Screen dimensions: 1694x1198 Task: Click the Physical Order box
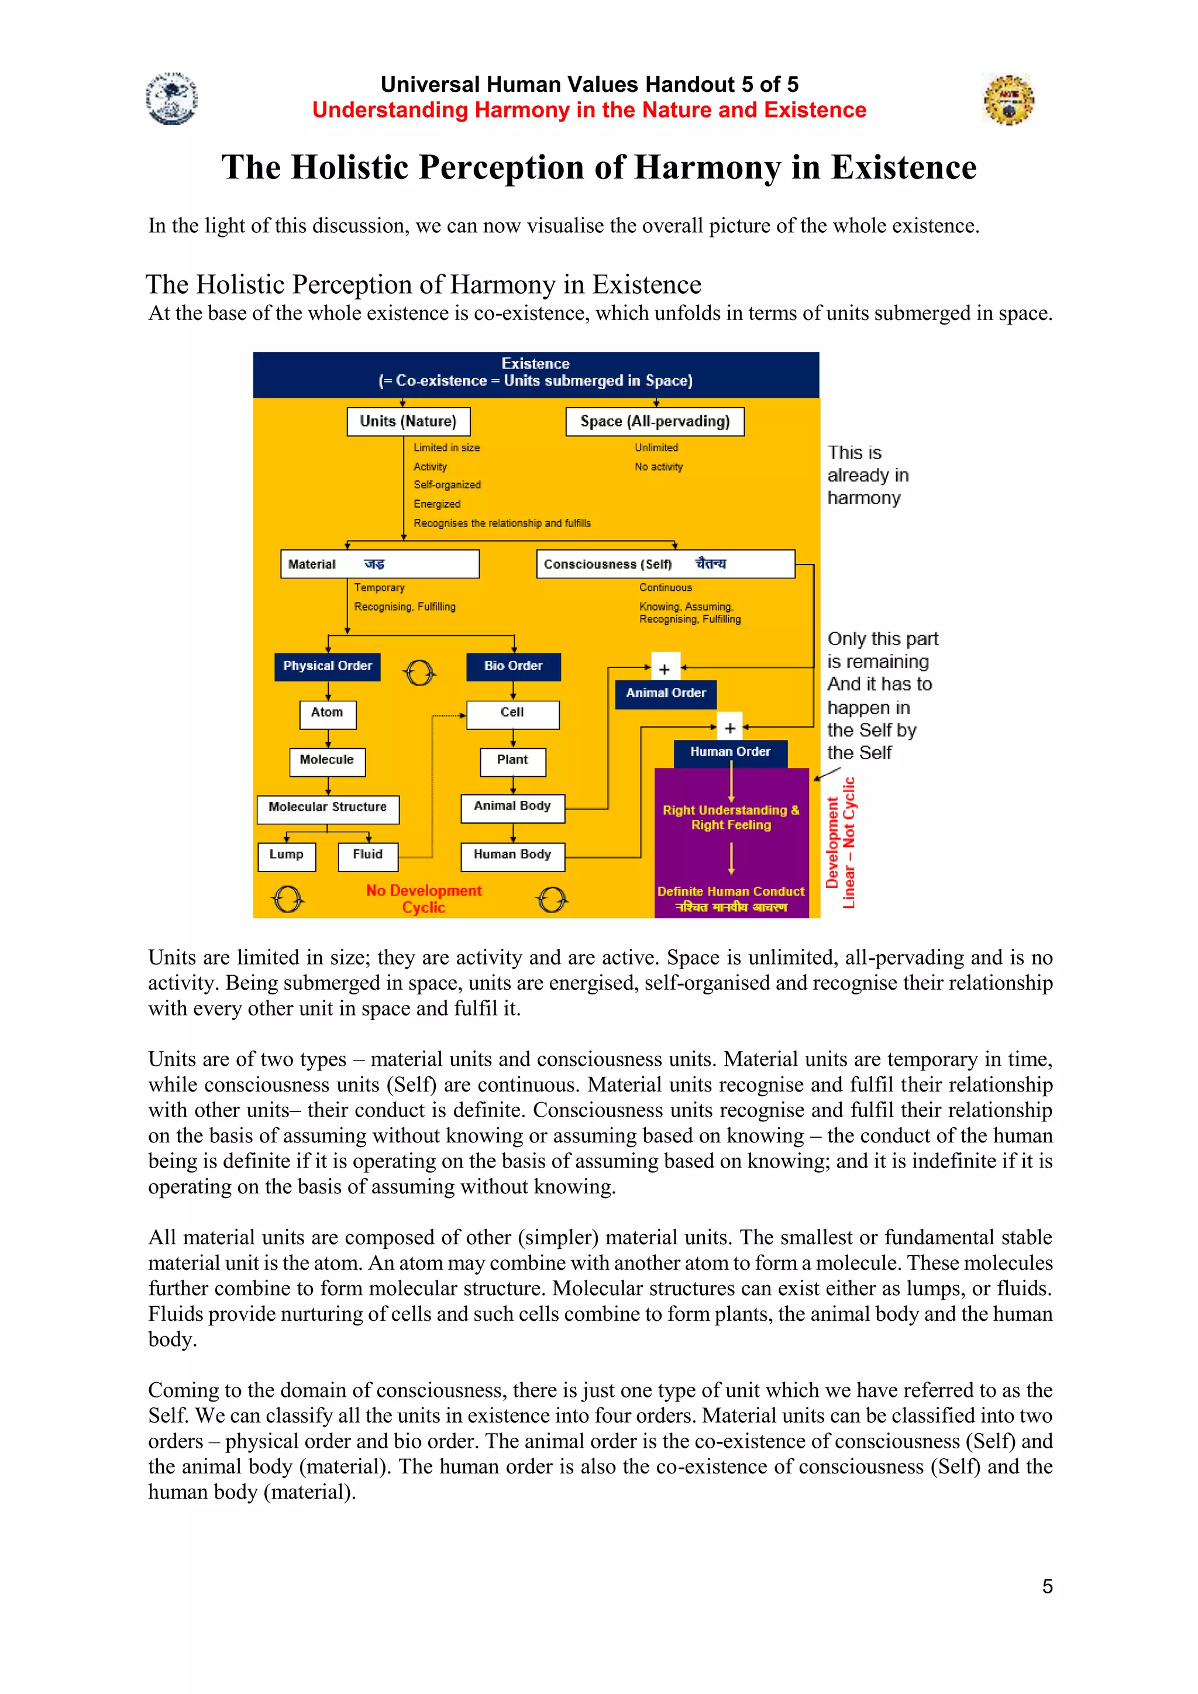pos(328,666)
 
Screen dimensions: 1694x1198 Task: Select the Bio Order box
pos(514,666)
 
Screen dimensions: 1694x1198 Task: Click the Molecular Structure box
pos(328,808)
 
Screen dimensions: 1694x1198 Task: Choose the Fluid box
pos(367,856)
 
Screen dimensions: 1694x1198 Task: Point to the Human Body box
pos(512,856)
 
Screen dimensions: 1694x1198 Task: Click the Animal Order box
pos(665,694)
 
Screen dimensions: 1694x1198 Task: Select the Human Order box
pos(730,753)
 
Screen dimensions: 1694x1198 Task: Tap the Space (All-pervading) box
pos(655,422)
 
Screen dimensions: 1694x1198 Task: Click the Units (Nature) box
pos(408,422)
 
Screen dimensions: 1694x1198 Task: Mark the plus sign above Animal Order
pos(665,669)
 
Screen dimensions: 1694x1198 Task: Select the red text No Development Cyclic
pos(424,898)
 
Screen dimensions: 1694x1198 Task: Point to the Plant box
pos(512,760)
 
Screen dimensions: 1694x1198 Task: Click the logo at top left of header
pos(172,98)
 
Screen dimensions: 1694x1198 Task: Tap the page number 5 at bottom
pos(1046,1586)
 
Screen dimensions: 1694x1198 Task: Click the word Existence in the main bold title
pos(904,167)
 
